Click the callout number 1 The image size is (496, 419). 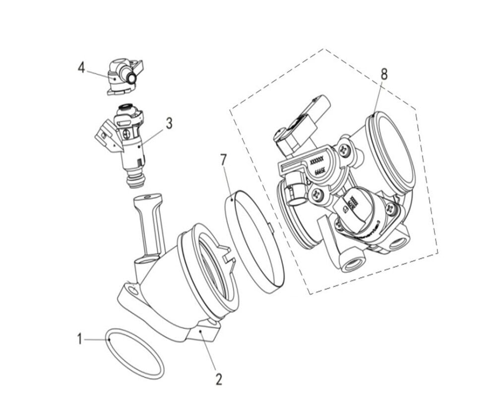tap(79, 339)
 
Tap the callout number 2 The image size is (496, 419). tap(218, 379)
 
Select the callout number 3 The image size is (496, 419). tap(169, 123)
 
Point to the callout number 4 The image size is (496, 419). tap(81, 68)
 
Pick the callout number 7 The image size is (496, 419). tap(224, 159)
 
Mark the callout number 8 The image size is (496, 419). tap(384, 74)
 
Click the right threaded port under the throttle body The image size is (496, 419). tap(398, 243)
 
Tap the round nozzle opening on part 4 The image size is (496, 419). tap(131, 78)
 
